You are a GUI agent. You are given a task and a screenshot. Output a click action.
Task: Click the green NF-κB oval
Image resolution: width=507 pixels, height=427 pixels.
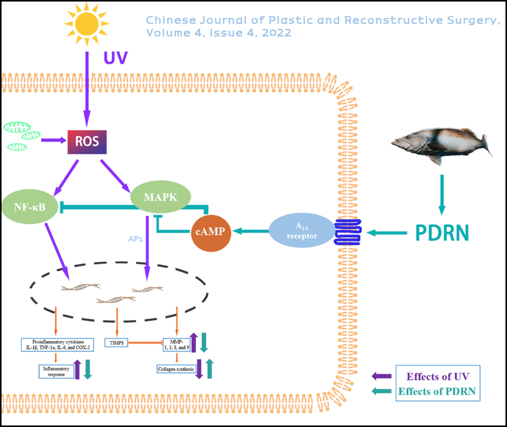pyautogui.click(x=29, y=207)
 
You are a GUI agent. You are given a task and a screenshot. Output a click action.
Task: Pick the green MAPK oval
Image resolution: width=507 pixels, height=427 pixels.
pyautogui.click(x=160, y=198)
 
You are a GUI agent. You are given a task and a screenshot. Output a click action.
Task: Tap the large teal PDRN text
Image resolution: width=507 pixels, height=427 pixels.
pyautogui.click(x=442, y=233)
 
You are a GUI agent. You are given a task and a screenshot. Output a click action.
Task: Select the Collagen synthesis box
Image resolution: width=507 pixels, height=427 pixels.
pyautogui.click(x=175, y=369)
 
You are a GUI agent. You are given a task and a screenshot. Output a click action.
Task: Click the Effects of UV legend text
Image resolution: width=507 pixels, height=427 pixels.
pyautogui.click(x=437, y=376)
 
